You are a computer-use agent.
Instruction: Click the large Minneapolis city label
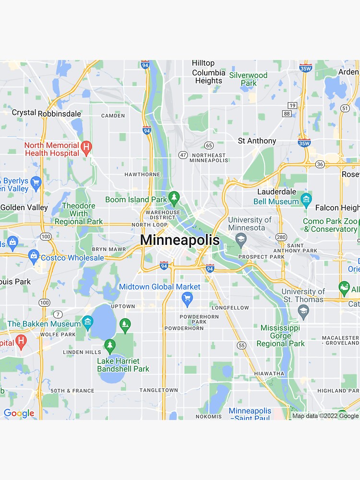tap(180, 240)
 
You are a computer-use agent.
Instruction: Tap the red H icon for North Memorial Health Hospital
tap(86, 148)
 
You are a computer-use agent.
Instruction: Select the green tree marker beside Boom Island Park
tap(174, 197)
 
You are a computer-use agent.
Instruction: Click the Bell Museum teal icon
tap(306, 199)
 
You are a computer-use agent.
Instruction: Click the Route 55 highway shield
tap(241, 345)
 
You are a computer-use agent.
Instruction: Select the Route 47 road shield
tap(183, 155)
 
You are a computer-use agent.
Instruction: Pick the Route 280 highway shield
tap(281, 237)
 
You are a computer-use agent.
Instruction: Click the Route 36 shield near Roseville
tap(320, 164)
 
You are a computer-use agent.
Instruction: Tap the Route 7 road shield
tap(58, 314)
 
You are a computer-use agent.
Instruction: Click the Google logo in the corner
tap(19, 413)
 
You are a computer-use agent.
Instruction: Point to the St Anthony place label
tap(257, 141)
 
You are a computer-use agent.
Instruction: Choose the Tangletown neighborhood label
tap(158, 390)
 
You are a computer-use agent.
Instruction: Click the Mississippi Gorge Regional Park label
tap(280, 336)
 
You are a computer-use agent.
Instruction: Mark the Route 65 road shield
tap(209, 145)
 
